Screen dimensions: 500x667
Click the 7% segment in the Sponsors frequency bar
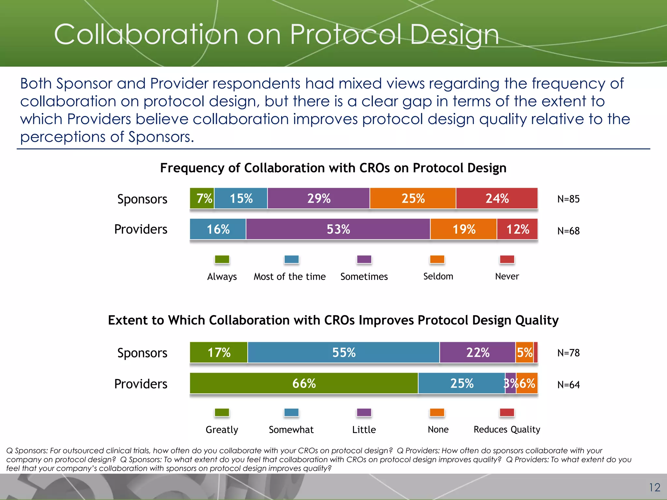point(202,198)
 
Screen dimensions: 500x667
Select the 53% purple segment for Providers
point(338,229)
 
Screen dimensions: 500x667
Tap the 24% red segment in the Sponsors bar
point(497,198)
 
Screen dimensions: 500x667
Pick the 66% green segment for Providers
point(304,383)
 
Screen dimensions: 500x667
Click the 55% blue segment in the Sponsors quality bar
point(344,353)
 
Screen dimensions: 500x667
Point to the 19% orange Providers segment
point(464,229)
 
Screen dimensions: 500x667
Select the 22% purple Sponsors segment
point(477,353)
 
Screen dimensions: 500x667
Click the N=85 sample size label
point(568,199)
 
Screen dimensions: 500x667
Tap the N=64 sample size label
point(568,385)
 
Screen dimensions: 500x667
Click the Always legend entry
point(222,276)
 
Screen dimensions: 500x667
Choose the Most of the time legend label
point(290,276)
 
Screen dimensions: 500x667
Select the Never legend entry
point(507,276)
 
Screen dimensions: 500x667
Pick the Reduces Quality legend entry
point(507,429)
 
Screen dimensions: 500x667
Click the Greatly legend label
point(222,430)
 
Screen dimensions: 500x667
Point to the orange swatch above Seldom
point(437,259)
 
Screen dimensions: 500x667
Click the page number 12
point(654,487)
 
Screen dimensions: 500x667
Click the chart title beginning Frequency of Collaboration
point(333,168)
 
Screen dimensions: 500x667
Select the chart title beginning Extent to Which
point(333,320)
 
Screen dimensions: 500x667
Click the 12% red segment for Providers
point(518,229)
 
